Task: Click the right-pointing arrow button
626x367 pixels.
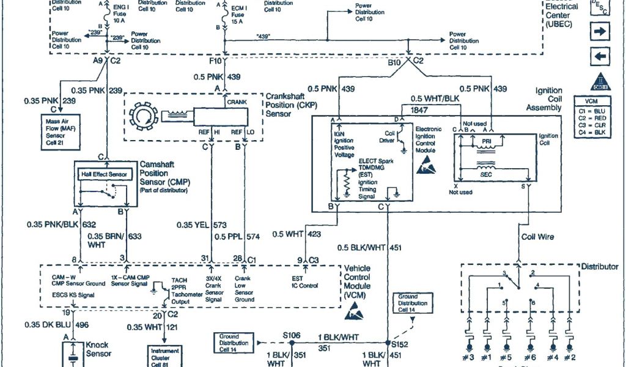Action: (600, 31)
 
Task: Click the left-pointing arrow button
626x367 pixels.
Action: (600, 57)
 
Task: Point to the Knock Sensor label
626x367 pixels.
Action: (98, 349)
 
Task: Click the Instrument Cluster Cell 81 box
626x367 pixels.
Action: (166, 355)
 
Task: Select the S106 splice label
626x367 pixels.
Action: (293, 336)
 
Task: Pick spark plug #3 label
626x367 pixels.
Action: (469, 357)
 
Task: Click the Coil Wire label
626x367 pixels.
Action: (538, 237)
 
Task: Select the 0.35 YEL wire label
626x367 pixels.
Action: (194, 224)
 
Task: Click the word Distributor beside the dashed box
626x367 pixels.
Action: (600, 267)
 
